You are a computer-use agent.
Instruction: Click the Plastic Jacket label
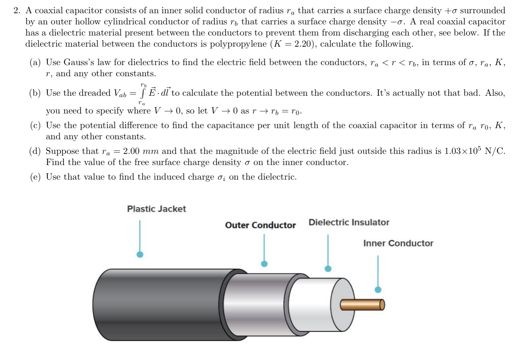click(x=156, y=209)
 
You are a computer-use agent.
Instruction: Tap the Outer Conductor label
click(x=260, y=225)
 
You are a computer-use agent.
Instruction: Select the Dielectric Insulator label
click(x=349, y=222)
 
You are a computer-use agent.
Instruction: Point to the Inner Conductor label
click(x=398, y=243)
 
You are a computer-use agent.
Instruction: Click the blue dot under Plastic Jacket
click(x=140, y=255)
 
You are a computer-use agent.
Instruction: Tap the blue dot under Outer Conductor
click(x=264, y=264)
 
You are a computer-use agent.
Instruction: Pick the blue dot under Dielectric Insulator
click(x=328, y=268)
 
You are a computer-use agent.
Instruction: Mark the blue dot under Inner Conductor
click(x=378, y=290)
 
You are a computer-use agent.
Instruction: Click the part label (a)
click(x=35, y=63)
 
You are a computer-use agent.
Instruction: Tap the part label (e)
click(x=35, y=177)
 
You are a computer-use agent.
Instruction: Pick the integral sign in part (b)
click(x=142, y=93)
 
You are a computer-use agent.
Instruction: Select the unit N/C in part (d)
click(x=495, y=151)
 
